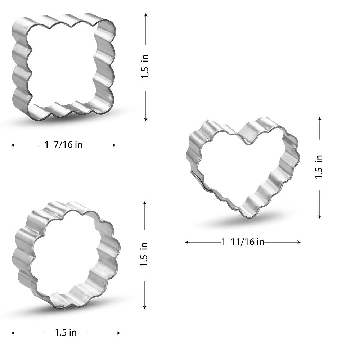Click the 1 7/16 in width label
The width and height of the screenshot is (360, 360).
(x=64, y=145)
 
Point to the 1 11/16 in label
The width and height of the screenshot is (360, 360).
(x=243, y=242)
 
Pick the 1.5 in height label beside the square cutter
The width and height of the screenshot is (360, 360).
(x=145, y=67)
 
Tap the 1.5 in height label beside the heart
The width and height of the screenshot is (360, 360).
(x=319, y=167)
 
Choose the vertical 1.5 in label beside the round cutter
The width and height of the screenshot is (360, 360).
(x=144, y=254)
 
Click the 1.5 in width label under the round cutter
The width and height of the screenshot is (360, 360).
(x=66, y=333)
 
